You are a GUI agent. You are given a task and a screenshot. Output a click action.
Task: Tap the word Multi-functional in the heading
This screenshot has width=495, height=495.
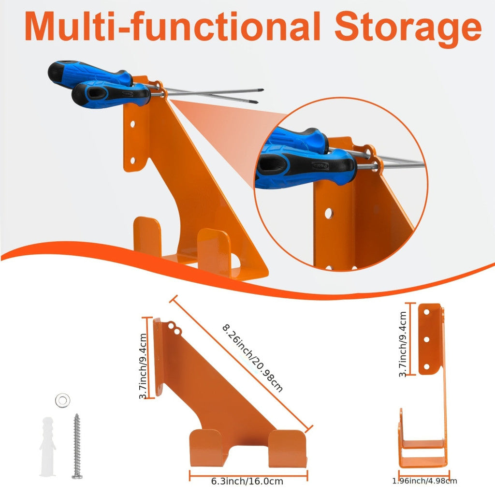(x=173, y=26)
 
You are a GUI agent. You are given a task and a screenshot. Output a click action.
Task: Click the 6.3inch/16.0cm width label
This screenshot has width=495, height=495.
(x=247, y=481)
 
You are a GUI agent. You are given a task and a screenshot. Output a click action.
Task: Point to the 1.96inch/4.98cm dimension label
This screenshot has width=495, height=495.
(x=424, y=481)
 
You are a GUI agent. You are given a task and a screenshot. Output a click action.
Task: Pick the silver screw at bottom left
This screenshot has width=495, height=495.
(x=77, y=446)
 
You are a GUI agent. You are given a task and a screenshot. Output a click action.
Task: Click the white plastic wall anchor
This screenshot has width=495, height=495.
(x=47, y=446)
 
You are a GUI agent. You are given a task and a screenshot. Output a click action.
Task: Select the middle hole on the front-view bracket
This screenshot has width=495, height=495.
(x=426, y=339)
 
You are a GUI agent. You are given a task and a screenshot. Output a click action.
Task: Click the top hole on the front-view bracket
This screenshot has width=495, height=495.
(x=426, y=312)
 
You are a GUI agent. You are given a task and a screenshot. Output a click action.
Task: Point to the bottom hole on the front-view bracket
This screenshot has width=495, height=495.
(x=426, y=366)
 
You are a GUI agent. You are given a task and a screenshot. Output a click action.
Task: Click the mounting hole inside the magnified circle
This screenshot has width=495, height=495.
(x=329, y=213)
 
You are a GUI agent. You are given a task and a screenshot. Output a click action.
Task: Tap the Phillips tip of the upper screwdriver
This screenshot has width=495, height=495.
(x=261, y=90)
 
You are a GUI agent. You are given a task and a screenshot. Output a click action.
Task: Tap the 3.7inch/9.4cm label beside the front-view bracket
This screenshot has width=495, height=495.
(x=403, y=344)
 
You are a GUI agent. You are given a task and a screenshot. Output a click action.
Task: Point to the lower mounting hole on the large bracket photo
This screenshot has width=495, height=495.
(x=132, y=160)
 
